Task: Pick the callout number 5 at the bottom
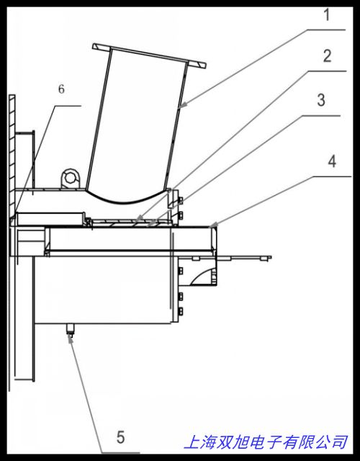point(120,437)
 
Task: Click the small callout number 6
point(61,89)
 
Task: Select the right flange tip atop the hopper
point(204,66)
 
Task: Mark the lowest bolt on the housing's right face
point(179,311)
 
